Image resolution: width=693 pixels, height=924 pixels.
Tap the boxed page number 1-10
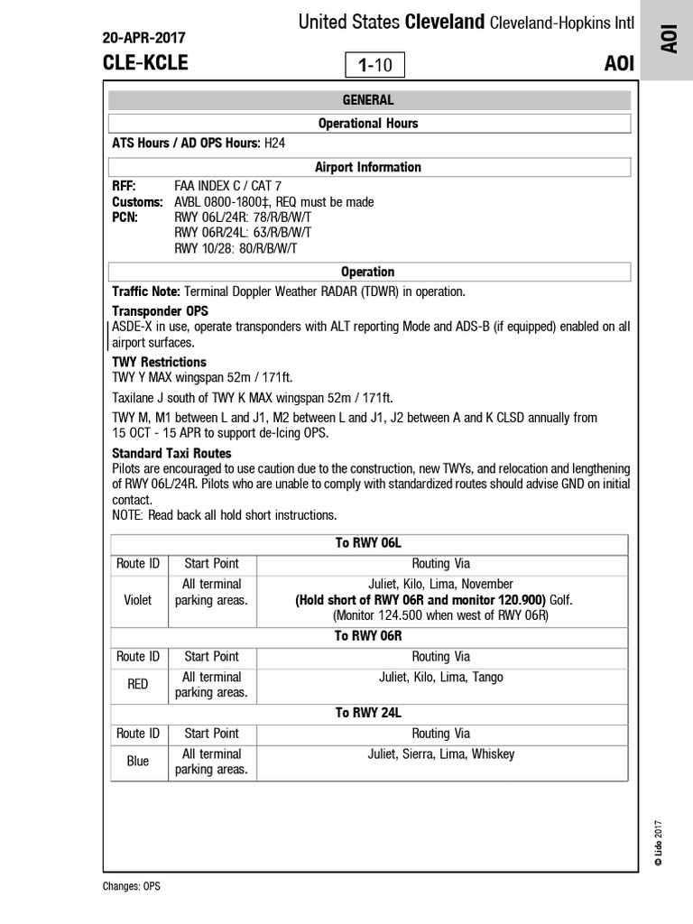[x=375, y=65]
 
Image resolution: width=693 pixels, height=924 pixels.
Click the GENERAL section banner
[x=368, y=100]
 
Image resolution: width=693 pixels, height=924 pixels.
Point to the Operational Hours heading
[x=368, y=123]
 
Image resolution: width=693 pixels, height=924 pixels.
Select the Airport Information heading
[x=368, y=167]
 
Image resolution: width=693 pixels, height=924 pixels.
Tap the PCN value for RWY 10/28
[x=236, y=248]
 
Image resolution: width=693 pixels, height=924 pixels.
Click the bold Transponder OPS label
[x=160, y=310]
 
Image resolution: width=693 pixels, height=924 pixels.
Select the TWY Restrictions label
[x=159, y=362]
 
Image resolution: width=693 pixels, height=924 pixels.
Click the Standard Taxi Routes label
[x=171, y=453]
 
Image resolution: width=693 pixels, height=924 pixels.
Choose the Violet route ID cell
[x=138, y=599]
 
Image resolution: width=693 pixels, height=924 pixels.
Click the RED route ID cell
[x=138, y=685]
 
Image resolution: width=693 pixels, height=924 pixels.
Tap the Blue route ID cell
[x=138, y=762]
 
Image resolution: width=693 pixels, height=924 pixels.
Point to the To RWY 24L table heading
[x=368, y=713]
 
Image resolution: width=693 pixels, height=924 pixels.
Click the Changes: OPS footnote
[x=132, y=886]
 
